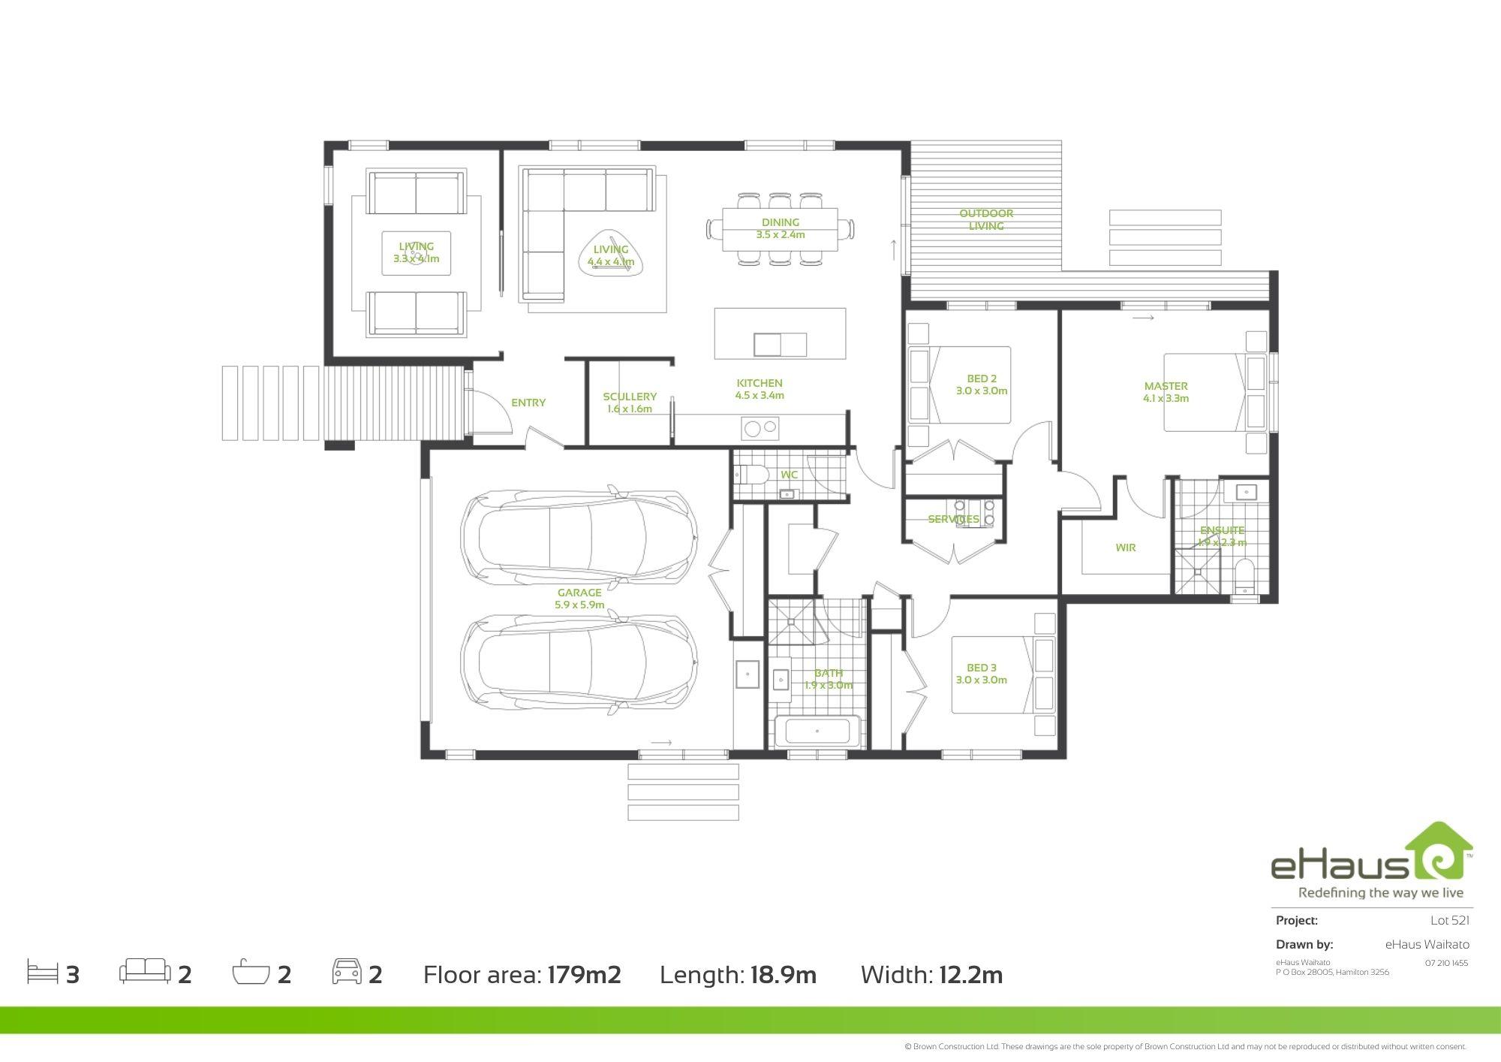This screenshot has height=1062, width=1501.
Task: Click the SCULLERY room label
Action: [630, 397]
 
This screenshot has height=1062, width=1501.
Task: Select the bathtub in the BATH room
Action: [817, 731]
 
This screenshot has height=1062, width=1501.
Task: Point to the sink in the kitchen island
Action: [780, 345]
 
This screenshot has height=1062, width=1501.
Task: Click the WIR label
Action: [1125, 548]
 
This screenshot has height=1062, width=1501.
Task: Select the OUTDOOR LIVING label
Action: [986, 219]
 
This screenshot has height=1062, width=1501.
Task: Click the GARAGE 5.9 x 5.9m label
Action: [579, 599]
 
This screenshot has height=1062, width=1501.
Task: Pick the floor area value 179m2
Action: [584, 975]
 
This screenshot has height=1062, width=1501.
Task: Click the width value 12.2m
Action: [970, 975]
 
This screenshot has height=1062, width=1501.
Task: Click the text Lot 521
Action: [1449, 920]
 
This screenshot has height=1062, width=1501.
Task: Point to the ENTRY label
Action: [528, 403]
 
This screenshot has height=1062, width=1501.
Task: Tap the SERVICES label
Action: [953, 519]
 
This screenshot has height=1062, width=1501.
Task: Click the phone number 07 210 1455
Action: [1446, 963]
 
